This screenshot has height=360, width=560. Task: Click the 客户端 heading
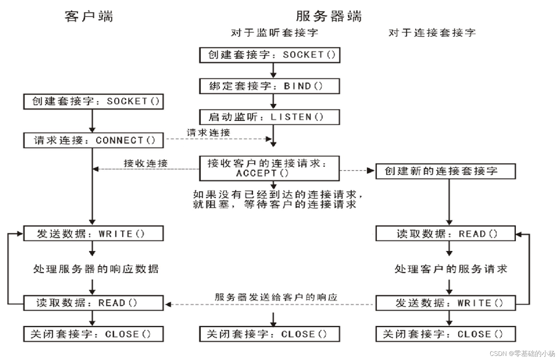tap(89, 16)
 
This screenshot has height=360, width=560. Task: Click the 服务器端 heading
tap(329, 16)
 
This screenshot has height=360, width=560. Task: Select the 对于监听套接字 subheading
tap(274, 33)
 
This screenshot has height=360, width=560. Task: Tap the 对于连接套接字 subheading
tap(432, 33)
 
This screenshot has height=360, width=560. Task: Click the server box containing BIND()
tap(270, 86)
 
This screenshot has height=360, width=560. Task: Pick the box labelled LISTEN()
tap(270, 117)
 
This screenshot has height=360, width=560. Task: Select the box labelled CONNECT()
tap(94, 140)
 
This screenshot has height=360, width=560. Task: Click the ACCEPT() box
tap(269, 168)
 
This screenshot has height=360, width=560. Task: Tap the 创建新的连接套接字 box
tap(445, 171)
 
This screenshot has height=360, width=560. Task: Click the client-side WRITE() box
tap(94, 234)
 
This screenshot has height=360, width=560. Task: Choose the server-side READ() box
tap(445, 234)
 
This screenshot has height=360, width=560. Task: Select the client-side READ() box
tap(94, 303)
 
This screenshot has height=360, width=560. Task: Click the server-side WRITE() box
tap(445, 303)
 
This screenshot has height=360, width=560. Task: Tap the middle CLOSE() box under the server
tap(270, 334)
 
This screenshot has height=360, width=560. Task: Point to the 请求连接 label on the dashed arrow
tap(209, 133)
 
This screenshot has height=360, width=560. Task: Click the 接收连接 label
tap(146, 163)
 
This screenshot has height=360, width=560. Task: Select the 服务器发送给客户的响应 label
tap(276, 297)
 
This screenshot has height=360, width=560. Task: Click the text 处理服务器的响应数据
tap(96, 269)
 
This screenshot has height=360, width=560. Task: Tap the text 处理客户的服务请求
tap(451, 269)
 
